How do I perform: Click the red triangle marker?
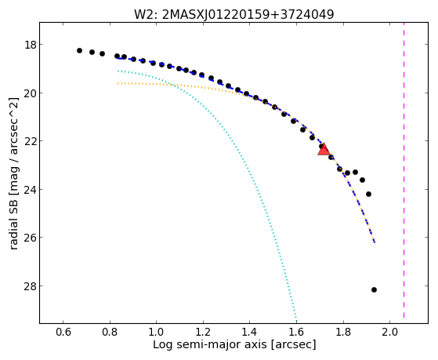324,149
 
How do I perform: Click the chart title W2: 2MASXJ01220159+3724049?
234,14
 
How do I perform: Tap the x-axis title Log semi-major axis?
234,344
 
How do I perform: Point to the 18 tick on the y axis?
31,45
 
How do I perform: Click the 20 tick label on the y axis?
31,93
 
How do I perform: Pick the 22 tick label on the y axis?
31,141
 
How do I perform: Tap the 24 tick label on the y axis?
31,189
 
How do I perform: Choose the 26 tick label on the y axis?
31,238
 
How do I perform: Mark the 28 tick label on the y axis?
31,285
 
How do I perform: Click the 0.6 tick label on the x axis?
63,332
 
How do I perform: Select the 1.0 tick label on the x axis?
157,332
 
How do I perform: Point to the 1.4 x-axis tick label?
250,332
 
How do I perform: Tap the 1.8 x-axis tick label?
344,332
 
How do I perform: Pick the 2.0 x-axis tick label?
390,332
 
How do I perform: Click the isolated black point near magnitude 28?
374,289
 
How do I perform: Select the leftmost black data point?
79,51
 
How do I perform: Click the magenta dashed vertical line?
404,171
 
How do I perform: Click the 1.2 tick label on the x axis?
203,332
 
